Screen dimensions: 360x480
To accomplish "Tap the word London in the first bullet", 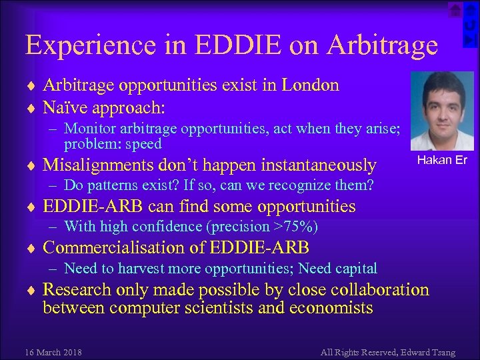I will [310, 85].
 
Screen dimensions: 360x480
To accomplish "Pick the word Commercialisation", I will [123, 248].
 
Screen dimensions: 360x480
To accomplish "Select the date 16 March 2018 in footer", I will [53, 351].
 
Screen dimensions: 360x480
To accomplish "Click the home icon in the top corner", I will [455, 9].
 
